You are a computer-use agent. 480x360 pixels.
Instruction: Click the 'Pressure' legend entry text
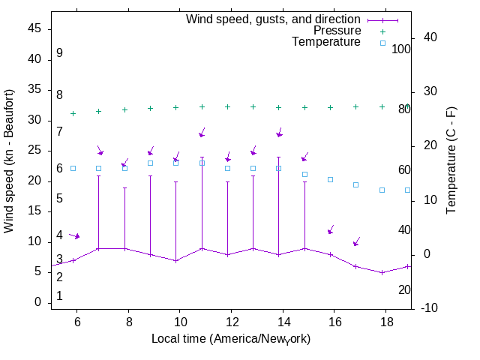click(337, 31)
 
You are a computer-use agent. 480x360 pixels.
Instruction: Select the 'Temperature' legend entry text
click(326, 42)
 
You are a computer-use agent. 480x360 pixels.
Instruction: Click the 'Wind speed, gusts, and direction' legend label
click(274, 19)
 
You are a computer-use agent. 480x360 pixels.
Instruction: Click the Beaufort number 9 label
click(59, 53)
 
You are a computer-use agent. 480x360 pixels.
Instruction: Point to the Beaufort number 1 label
click(59, 296)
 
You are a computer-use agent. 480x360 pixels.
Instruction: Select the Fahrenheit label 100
click(402, 49)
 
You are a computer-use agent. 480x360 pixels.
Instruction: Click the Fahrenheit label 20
click(404, 289)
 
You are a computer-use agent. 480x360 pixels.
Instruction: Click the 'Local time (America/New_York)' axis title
click(231, 339)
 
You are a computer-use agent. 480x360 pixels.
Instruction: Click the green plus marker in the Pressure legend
click(382, 31)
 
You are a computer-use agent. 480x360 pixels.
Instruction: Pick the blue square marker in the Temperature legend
click(382, 43)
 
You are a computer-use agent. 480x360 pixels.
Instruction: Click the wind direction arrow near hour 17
click(357, 241)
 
